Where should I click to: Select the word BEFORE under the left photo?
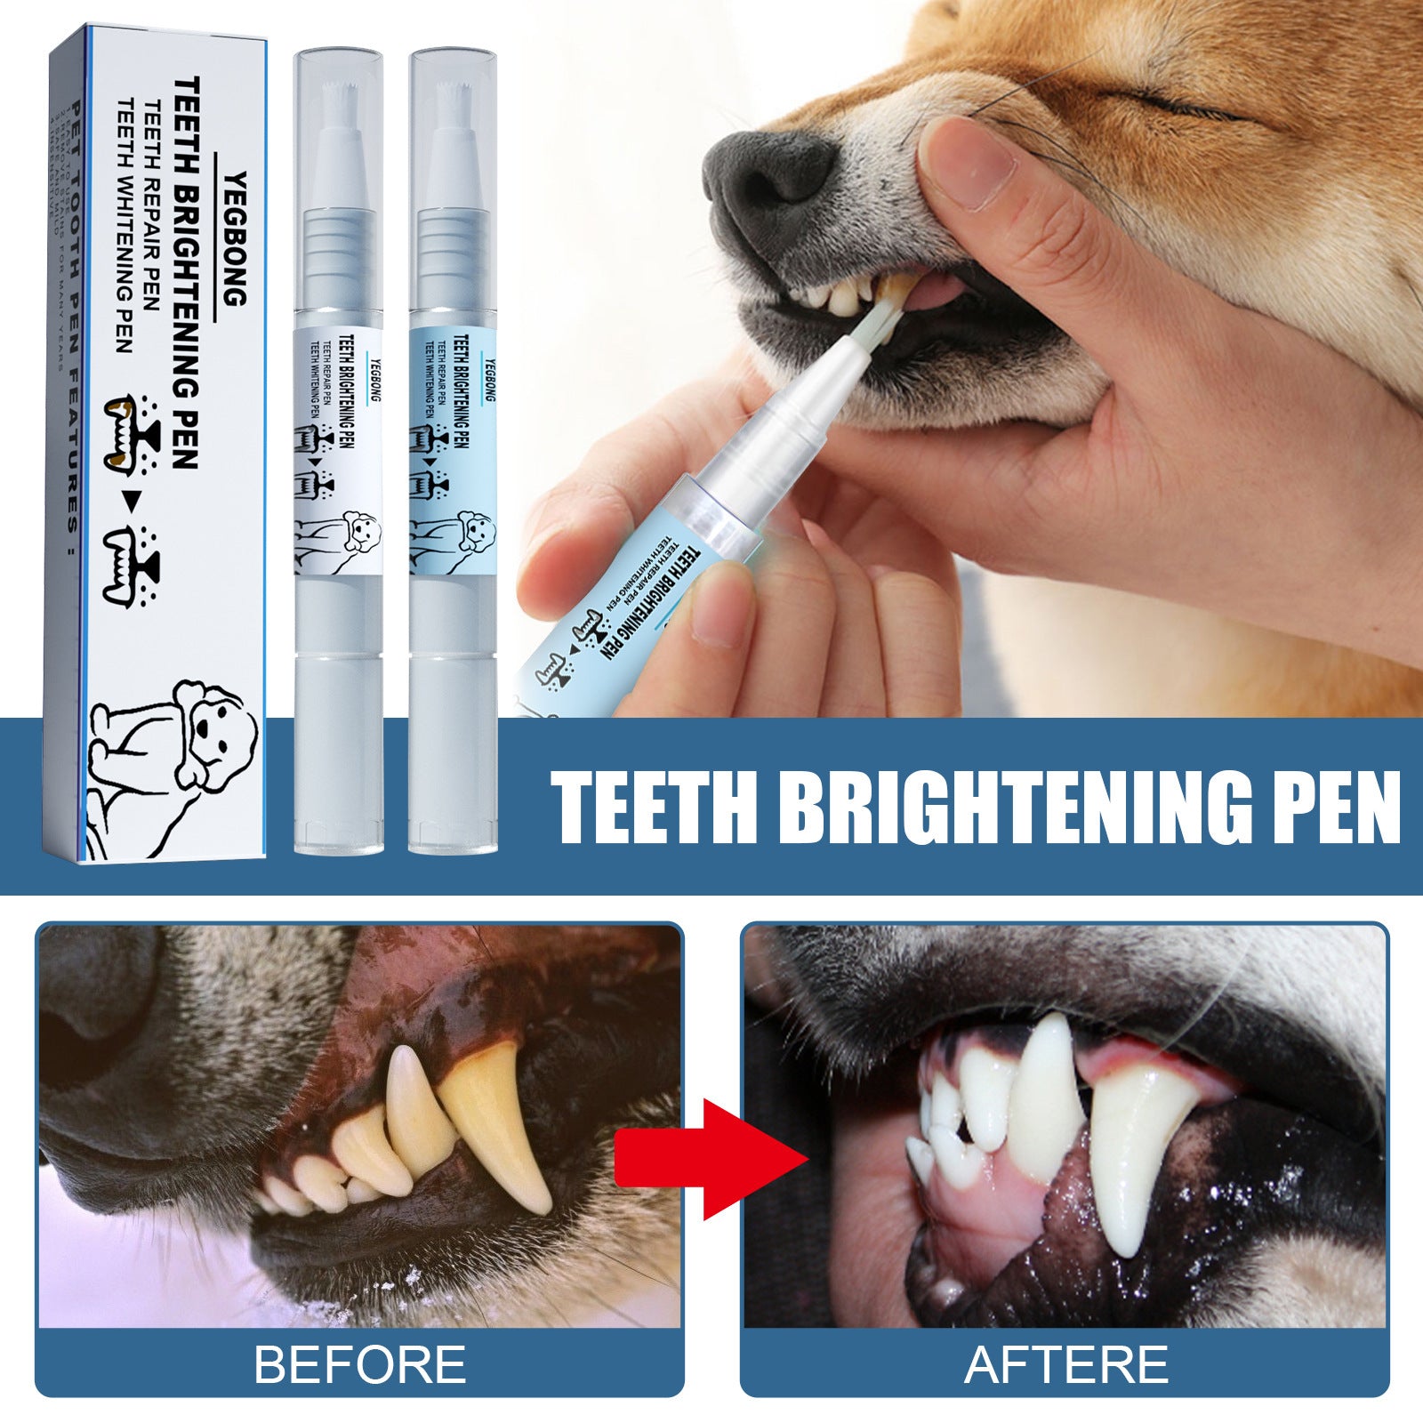click(x=360, y=1363)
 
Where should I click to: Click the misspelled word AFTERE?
click(x=1066, y=1363)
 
